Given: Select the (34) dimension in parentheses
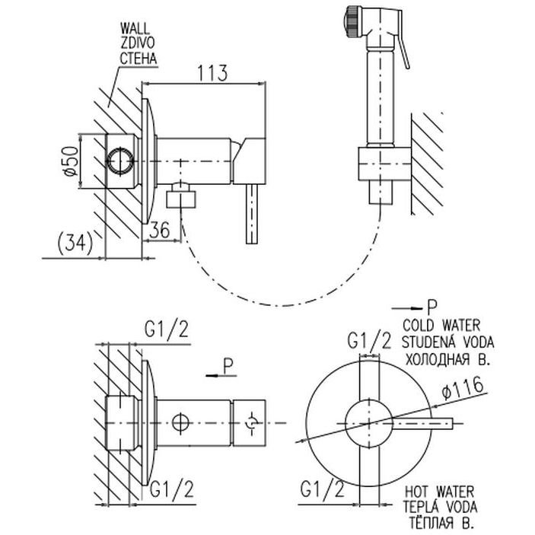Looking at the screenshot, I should coord(75,244).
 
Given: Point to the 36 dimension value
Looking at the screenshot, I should coord(161,230).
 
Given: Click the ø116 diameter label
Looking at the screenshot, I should coord(465,393).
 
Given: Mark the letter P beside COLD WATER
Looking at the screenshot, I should coord(432,307).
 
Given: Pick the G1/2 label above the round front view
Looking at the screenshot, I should coord(370,339).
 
